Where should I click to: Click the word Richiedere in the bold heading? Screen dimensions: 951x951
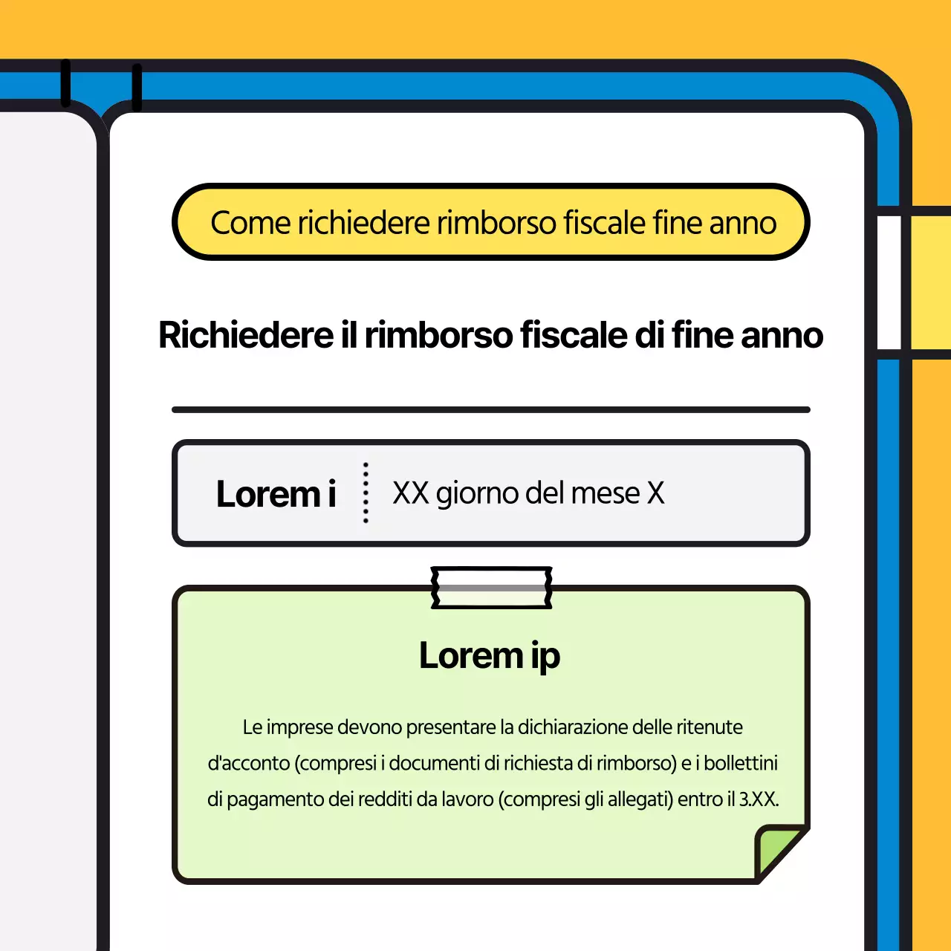tap(246, 335)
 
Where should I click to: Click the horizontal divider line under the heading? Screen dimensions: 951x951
tap(490, 409)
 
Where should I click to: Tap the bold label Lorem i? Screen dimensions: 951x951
tap(276, 494)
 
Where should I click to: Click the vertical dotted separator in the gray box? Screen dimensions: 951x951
tap(366, 493)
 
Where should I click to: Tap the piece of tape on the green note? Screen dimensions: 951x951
tap(491, 588)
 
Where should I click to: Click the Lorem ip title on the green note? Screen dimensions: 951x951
tap(489, 656)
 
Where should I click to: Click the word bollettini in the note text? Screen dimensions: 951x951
tap(741, 763)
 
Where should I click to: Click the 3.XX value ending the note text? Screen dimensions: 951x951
tap(758, 799)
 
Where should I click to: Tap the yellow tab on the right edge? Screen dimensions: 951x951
tap(930, 282)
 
